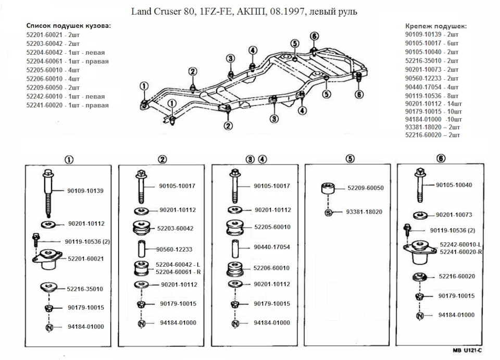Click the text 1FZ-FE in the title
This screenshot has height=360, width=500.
[x=221, y=11]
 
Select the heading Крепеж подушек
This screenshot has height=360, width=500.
[x=436, y=26]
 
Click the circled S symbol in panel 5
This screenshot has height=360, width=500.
[x=329, y=212]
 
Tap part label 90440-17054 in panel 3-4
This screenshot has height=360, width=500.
[x=272, y=247]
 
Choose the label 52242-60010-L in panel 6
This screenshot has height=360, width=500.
[x=460, y=244]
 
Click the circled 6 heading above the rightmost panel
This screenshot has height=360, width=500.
[x=441, y=158]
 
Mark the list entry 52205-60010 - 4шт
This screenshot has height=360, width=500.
[x=54, y=69]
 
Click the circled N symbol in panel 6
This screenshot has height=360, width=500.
[x=419, y=315]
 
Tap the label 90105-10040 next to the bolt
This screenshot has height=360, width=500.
[x=455, y=185]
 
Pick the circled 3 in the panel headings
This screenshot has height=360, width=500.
[x=251, y=158]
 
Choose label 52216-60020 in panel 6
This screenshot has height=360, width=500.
[x=457, y=277]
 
